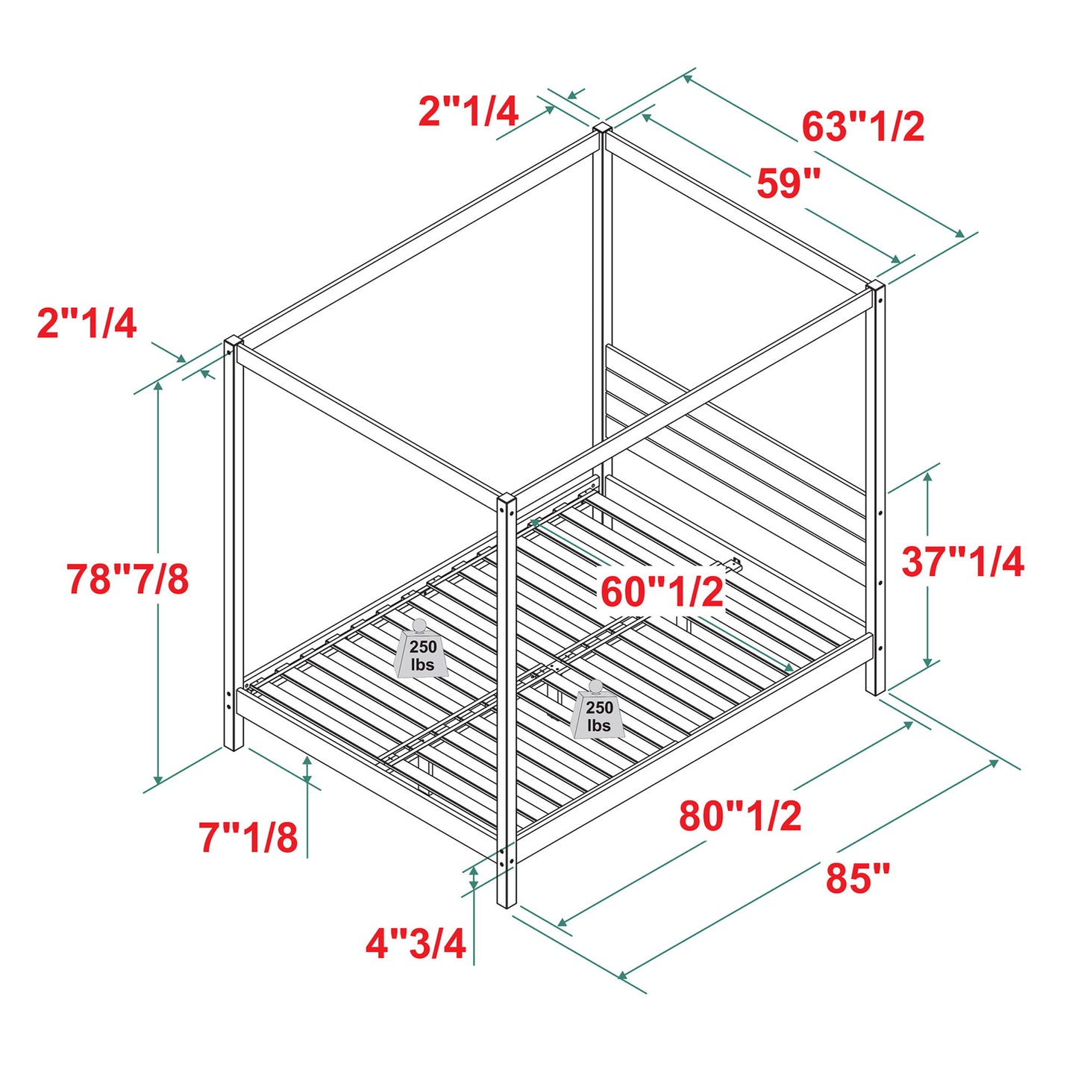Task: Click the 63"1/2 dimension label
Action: point(863,127)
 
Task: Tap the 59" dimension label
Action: point(789,183)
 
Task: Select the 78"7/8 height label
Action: point(128,579)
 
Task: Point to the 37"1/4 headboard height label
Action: point(962,562)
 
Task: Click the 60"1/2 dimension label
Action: point(662,592)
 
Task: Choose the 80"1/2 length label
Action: point(740,815)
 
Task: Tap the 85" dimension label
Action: point(858,878)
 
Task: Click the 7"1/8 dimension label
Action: point(248,837)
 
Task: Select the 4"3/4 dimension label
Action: point(416,944)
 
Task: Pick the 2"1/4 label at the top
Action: point(468,112)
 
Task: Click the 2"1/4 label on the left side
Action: point(87,324)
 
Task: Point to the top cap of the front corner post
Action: point(507,498)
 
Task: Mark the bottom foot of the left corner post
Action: point(234,745)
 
